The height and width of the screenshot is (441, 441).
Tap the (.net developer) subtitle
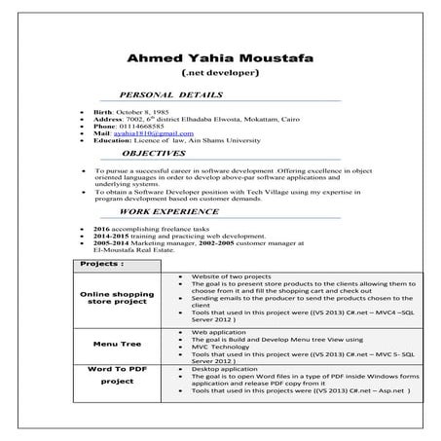coord(220,74)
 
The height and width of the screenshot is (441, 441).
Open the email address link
coord(152,134)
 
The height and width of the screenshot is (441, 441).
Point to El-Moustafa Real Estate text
coord(140,249)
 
